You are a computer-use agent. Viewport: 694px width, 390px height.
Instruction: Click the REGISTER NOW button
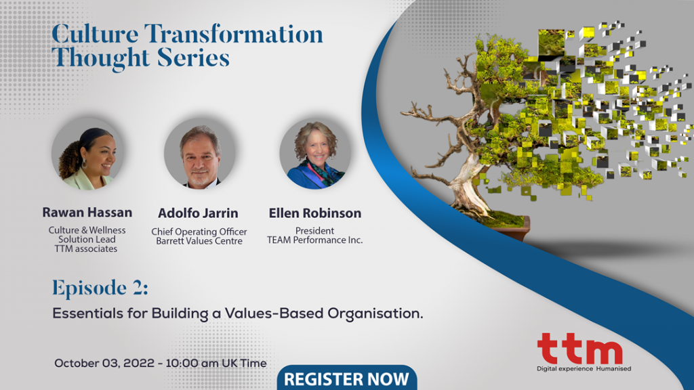[347, 378]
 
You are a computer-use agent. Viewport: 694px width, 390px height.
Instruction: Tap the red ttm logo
[580, 348]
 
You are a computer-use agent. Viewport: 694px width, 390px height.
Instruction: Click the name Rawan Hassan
[87, 212]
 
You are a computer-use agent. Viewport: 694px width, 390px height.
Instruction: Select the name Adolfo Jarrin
[198, 213]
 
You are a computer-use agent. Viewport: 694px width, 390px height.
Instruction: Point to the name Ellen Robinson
[314, 213]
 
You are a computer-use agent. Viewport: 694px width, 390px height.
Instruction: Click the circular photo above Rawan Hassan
[87, 154]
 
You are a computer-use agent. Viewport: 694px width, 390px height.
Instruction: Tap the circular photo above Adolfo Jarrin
[200, 154]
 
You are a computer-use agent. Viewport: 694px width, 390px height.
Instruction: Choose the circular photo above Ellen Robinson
[315, 154]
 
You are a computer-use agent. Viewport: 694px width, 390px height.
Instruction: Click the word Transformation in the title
[234, 34]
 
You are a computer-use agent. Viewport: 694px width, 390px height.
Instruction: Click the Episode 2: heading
[100, 288]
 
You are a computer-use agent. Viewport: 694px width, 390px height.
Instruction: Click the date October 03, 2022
[104, 363]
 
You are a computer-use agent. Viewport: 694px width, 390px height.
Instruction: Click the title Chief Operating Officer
[199, 232]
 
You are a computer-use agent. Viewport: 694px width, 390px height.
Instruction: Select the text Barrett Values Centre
[199, 241]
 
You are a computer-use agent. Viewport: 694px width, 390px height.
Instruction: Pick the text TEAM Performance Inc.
[314, 240]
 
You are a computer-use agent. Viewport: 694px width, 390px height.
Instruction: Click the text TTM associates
[86, 249]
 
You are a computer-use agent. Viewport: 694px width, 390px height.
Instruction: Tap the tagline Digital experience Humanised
[584, 369]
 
